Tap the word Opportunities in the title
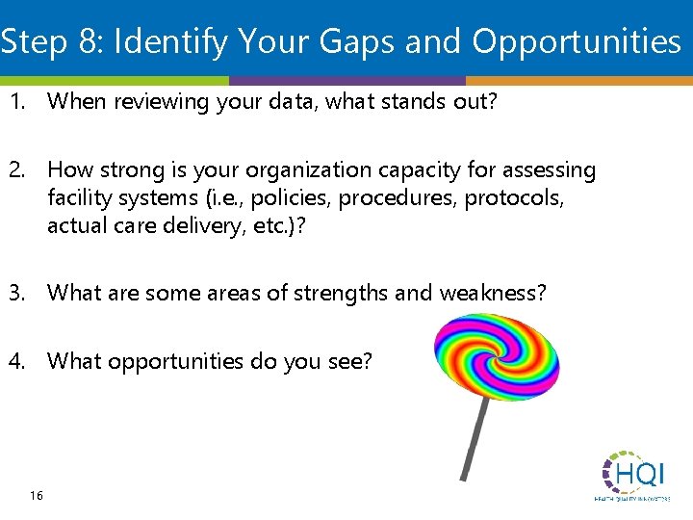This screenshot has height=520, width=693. [576, 41]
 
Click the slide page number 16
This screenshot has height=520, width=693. [37, 495]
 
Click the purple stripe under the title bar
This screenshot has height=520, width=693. [346, 81]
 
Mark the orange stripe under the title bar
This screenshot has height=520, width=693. [578, 81]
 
